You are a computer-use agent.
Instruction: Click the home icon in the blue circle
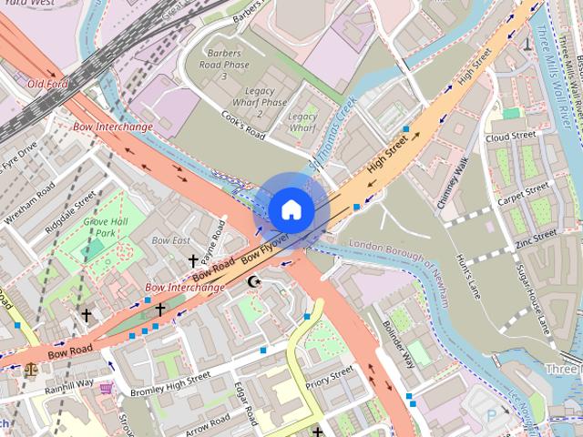(x=291, y=209)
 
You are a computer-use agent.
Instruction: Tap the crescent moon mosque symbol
(x=255, y=282)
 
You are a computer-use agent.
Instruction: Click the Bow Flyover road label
(x=265, y=250)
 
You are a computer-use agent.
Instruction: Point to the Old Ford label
(x=47, y=84)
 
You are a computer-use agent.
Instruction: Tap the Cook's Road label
(x=242, y=126)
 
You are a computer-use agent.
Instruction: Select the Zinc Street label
(x=535, y=239)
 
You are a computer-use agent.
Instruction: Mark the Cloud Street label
(x=510, y=137)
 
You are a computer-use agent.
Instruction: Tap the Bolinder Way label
(x=398, y=338)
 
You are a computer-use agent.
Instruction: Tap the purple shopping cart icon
(x=107, y=388)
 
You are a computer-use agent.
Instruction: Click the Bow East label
(x=170, y=240)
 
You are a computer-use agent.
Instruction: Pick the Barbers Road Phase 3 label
(x=223, y=58)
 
